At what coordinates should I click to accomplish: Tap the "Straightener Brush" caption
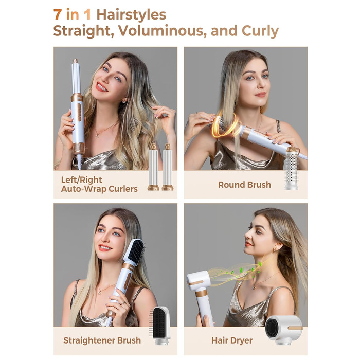coord(102,340)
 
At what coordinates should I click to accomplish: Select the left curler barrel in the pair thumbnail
coord(153,167)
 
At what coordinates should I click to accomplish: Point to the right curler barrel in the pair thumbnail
coord(167,167)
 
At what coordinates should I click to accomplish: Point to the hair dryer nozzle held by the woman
coord(199,281)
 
